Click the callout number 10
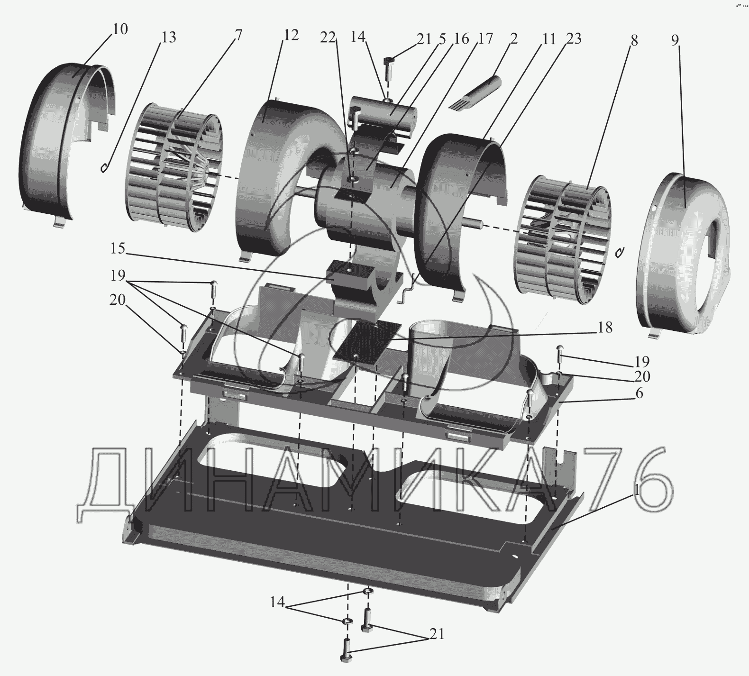click(120, 29)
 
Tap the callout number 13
click(168, 37)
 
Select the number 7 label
click(238, 35)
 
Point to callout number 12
click(291, 35)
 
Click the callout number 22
click(327, 38)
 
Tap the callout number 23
click(574, 38)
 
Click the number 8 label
click(634, 41)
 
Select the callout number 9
click(675, 40)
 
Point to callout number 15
click(118, 248)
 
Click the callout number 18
click(605, 328)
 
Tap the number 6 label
click(639, 393)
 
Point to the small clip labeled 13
click(105, 167)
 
